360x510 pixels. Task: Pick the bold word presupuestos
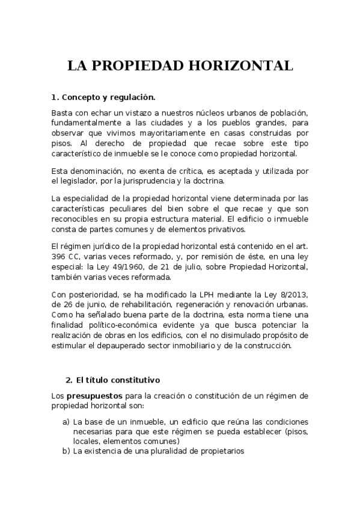pos(93,395)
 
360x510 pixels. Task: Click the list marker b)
pos(66,451)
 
